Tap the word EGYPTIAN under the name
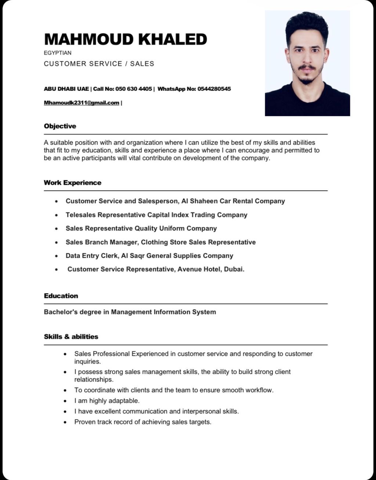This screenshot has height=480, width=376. tap(58, 53)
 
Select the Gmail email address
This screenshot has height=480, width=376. tap(82, 103)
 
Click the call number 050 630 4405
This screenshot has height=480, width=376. tap(134, 89)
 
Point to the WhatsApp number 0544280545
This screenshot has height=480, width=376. tap(214, 89)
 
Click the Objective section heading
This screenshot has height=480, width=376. tap(60, 126)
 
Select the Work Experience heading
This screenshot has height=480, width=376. tap(72, 183)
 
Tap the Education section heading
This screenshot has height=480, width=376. tap(61, 296)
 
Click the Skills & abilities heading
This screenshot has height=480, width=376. tap(71, 336)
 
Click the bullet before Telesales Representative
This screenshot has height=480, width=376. tap(56, 215)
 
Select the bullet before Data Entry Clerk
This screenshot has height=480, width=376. tap(56, 256)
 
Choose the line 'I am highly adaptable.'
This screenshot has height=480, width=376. tap(107, 401)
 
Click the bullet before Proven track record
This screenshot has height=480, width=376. tap(65, 422)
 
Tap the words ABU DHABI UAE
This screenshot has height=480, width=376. tap(66, 89)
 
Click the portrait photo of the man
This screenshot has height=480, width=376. tap(307, 63)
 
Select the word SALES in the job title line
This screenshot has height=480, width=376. tap(142, 64)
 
